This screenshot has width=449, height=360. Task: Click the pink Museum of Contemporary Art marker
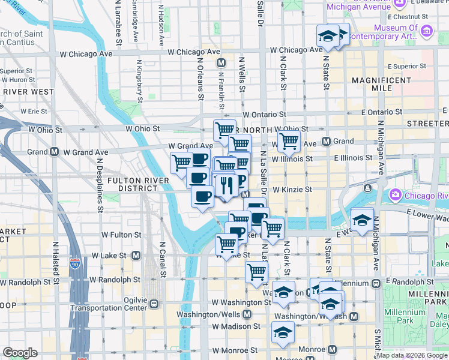(427, 31)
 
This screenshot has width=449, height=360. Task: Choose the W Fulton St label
(121, 235)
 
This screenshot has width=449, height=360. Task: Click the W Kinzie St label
(292, 189)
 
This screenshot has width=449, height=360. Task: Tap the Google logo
(20, 353)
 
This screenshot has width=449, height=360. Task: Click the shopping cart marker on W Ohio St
(224, 130)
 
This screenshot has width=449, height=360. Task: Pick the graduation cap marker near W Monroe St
(283, 332)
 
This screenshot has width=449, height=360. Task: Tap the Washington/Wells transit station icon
(247, 314)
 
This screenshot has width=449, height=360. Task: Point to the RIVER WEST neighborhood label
(28, 92)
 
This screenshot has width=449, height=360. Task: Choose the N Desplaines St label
(100, 180)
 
